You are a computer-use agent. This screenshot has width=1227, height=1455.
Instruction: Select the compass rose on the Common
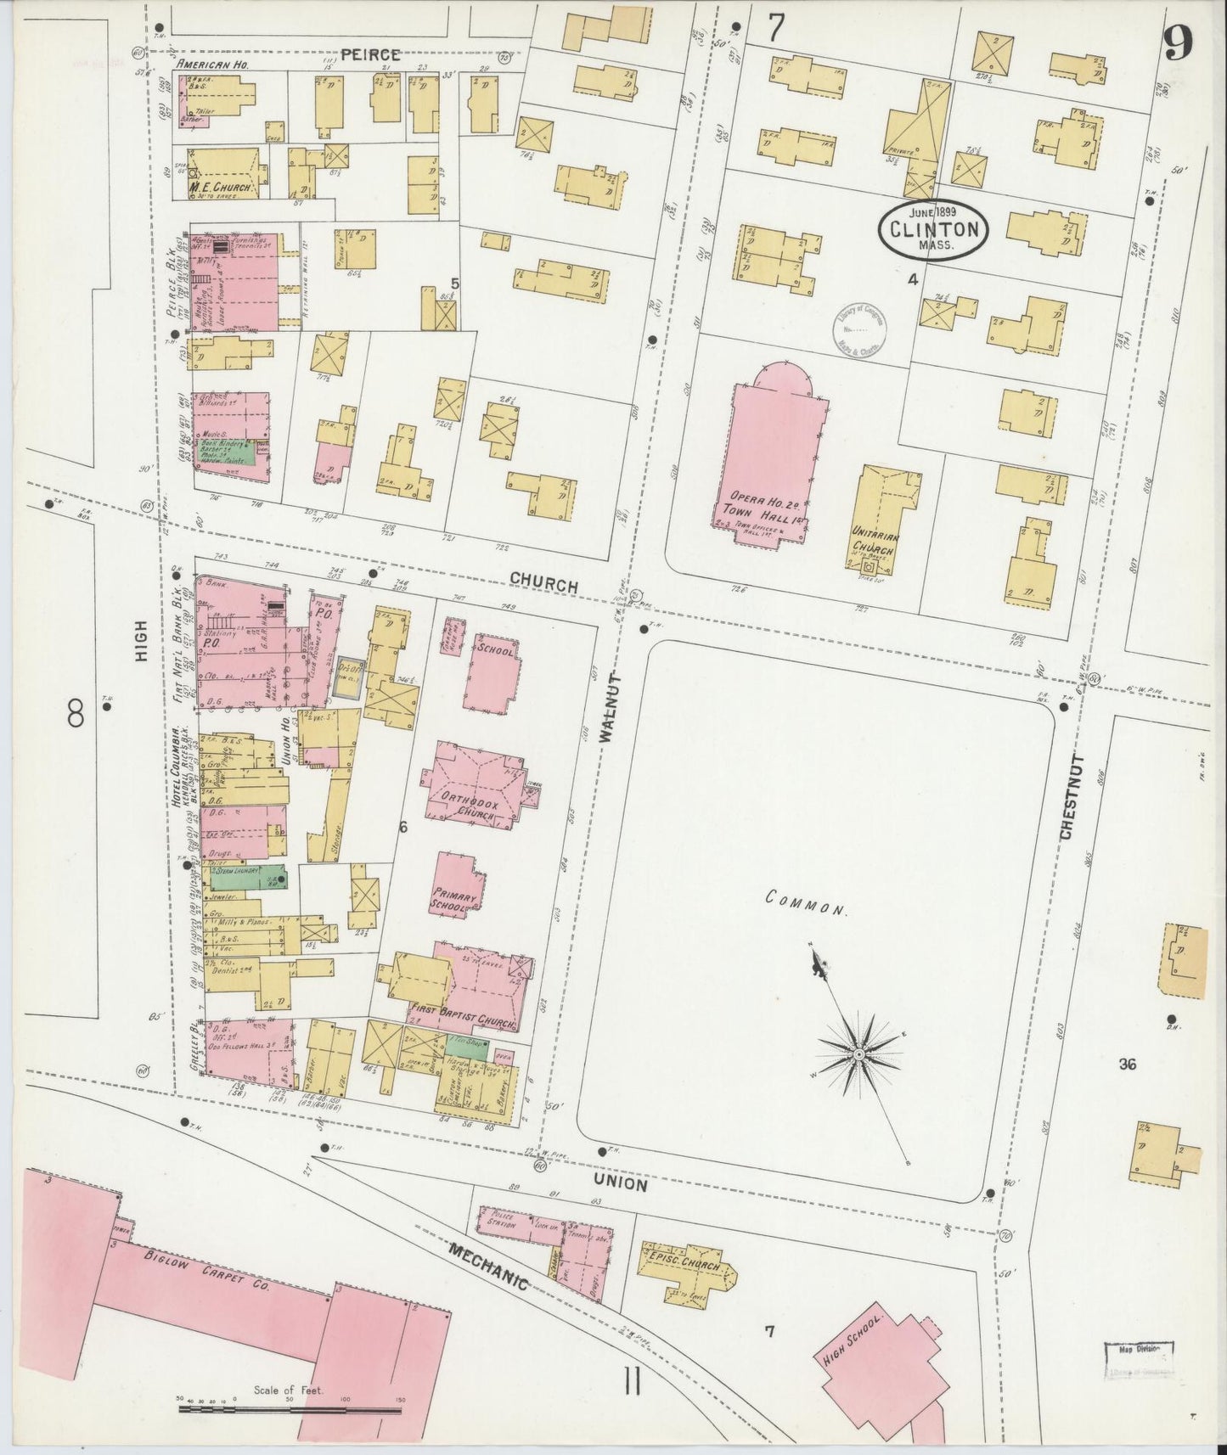[x=858, y=1053]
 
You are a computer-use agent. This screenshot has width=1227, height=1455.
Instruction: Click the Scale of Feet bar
[x=289, y=1409]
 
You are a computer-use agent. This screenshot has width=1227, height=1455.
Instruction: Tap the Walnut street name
[x=605, y=710]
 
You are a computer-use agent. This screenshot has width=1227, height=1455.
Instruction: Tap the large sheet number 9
[x=1179, y=41]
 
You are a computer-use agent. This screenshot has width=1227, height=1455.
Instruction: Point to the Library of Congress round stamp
[x=858, y=331]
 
